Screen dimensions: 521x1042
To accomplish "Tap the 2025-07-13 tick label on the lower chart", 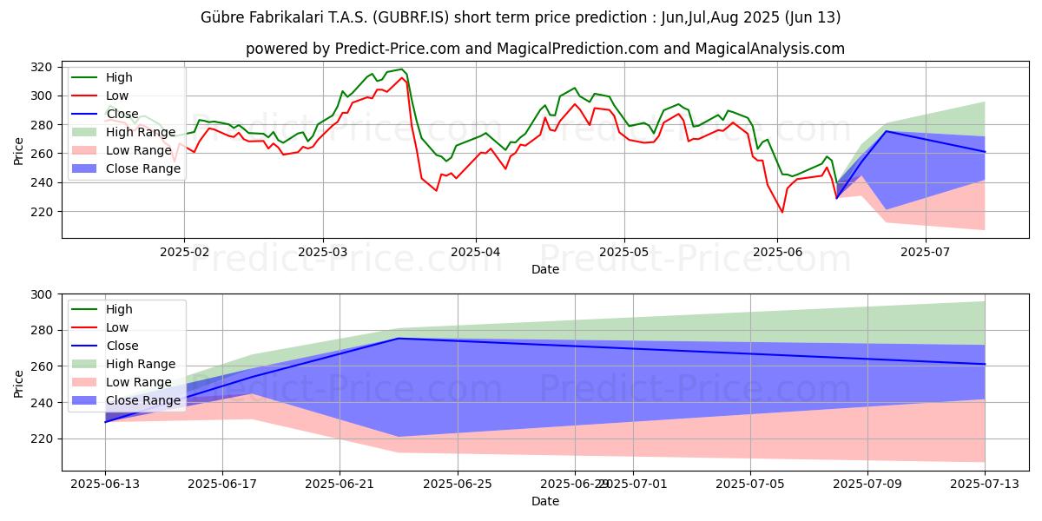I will pos(985,484).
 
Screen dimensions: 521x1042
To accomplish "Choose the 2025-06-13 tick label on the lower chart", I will pos(105,484).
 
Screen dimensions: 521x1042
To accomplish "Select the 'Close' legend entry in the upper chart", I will pos(123,114).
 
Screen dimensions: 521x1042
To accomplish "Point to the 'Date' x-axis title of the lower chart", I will pos(545,501).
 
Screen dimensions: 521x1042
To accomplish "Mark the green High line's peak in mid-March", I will pos(401,69).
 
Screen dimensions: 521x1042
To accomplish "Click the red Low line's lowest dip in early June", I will pos(782,212).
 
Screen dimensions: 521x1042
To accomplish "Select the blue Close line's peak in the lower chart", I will pos(398,339).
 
